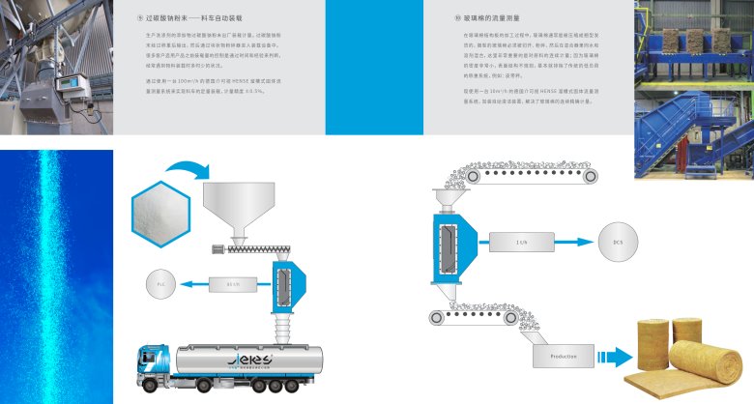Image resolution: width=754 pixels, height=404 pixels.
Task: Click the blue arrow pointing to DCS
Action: [x=572, y=242]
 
